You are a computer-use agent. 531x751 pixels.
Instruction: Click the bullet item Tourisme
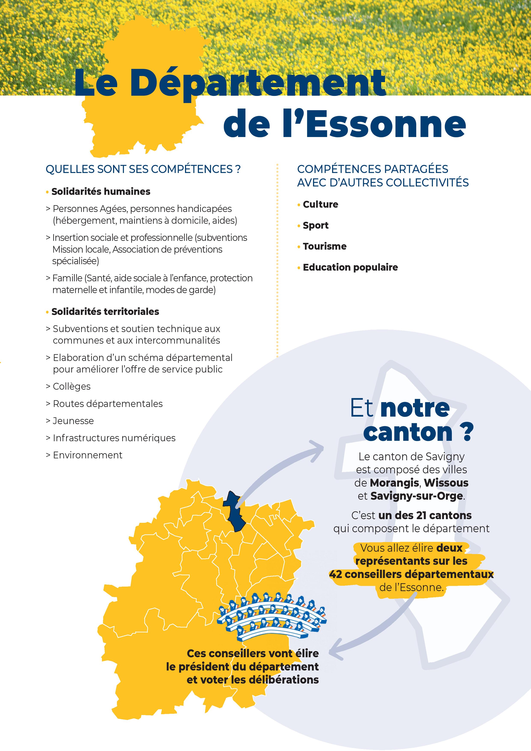click(x=324, y=246)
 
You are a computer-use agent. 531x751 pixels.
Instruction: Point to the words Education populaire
click(x=350, y=267)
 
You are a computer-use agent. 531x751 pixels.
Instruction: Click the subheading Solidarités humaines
click(x=101, y=191)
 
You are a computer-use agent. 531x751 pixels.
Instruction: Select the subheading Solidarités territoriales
click(x=105, y=311)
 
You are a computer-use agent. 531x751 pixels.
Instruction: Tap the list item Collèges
click(x=71, y=386)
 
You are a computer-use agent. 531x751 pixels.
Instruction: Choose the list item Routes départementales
click(x=107, y=404)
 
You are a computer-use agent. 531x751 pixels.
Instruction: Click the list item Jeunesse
click(x=73, y=421)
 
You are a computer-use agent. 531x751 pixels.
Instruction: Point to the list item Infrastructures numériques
click(x=114, y=438)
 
